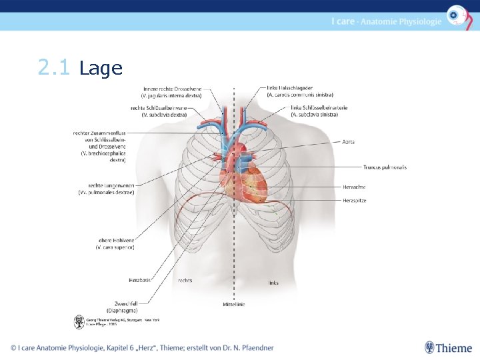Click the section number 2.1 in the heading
point(53,68)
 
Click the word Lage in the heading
point(101,69)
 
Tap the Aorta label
point(348,141)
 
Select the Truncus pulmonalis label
point(385,167)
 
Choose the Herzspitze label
point(355,200)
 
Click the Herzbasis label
point(140,280)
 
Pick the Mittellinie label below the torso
point(234,304)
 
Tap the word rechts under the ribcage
point(185,281)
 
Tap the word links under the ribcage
point(273,283)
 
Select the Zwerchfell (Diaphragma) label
point(123,307)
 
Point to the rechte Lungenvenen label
point(111,189)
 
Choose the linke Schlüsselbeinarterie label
point(318,111)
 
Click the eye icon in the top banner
point(456,15)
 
